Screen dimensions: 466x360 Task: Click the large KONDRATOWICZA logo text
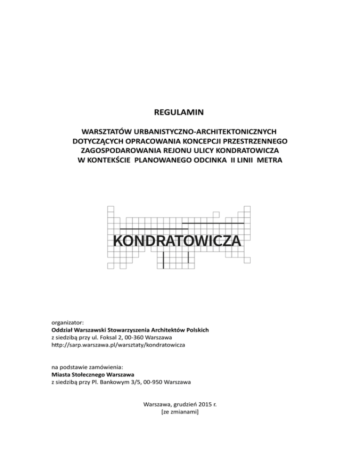point(178,241)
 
